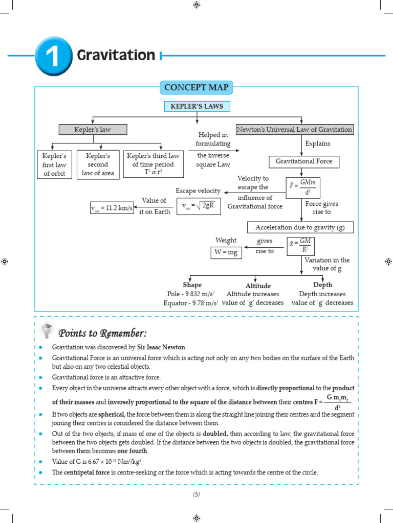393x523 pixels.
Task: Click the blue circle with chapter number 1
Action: point(53,56)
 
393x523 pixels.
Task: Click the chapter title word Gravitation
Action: point(116,55)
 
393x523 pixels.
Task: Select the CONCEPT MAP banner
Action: point(197,87)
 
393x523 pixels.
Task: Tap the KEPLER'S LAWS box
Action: point(197,106)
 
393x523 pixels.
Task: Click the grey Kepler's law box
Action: point(93,130)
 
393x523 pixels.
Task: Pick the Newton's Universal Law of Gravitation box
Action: point(295,130)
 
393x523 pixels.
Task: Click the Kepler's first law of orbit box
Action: point(55,164)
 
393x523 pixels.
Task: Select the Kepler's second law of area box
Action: point(98,164)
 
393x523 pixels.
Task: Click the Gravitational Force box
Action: point(304,161)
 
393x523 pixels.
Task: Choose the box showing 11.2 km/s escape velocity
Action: point(112,208)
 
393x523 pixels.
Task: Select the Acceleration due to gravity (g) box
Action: point(300,227)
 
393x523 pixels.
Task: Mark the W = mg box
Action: point(226,252)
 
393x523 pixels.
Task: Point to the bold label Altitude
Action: point(258,286)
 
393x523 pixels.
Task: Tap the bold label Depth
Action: point(322,285)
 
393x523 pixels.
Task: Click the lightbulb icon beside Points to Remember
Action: point(47,331)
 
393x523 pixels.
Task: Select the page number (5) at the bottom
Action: point(196,494)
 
